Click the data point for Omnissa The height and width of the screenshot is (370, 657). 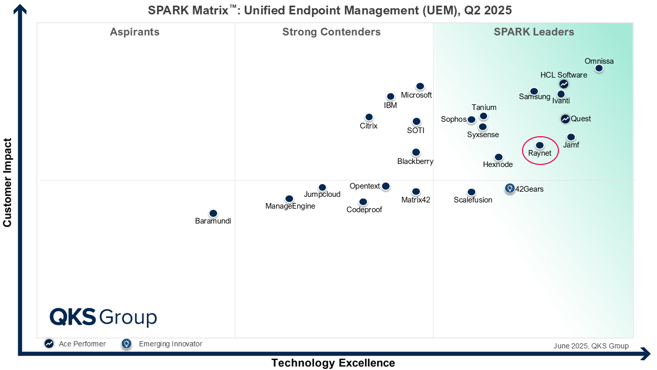[x=598, y=68]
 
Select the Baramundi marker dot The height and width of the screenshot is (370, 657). [x=213, y=213]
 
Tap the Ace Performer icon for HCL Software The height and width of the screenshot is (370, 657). [x=564, y=84]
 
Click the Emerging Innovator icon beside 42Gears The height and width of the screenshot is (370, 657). [x=509, y=189]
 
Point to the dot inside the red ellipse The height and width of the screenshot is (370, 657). [x=539, y=145]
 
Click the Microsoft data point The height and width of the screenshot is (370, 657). [x=420, y=86]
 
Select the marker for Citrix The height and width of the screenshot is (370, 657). [x=369, y=117]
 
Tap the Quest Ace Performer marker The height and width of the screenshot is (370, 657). [x=565, y=119]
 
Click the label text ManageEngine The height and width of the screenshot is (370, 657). [x=290, y=207]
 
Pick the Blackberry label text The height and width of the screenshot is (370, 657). [x=415, y=161]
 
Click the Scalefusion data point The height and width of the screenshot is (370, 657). [x=471, y=192]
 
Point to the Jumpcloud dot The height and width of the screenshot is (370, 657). [x=322, y=188]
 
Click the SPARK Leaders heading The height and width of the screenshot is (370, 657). [x=534, y=32]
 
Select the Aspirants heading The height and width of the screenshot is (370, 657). [x=134, y=32]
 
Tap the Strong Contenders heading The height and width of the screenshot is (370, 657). [x=331, y=32]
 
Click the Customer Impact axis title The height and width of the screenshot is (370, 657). [x=7, y=182]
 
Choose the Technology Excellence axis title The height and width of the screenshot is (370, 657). [x=333, y=363]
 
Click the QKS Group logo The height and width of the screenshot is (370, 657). [x=103, y=317]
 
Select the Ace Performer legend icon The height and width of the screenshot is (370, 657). [x=49, y=344]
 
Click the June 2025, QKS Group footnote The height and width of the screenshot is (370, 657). [x=591, y=346]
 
